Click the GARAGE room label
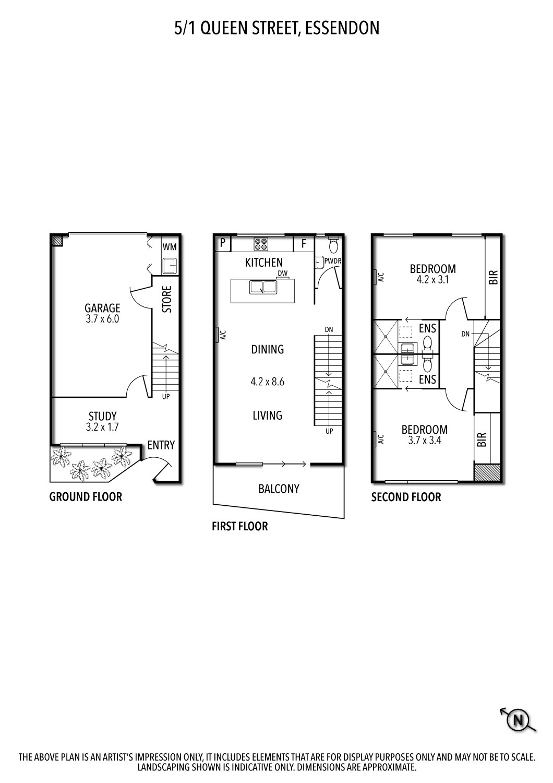coord(103,308)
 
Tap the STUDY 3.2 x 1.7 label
coord(103,421)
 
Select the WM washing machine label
coord(169,246)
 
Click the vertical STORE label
coord(167,299)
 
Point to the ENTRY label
coord(161,445)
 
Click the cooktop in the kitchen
coord(261,244)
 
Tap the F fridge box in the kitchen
coord(304,243)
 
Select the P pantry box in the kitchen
coord(223,243)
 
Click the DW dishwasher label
coord(283,273)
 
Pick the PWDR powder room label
coord(332,261)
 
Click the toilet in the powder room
coord(334,245)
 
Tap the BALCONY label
coord(279,489)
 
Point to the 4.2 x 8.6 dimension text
coord(267,382)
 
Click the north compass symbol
coord(519,720)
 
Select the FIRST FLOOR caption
coord(239,526)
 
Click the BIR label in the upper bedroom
coord(494,277)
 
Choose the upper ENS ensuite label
coord(427,328)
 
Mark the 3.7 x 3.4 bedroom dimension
coord(424,440)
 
